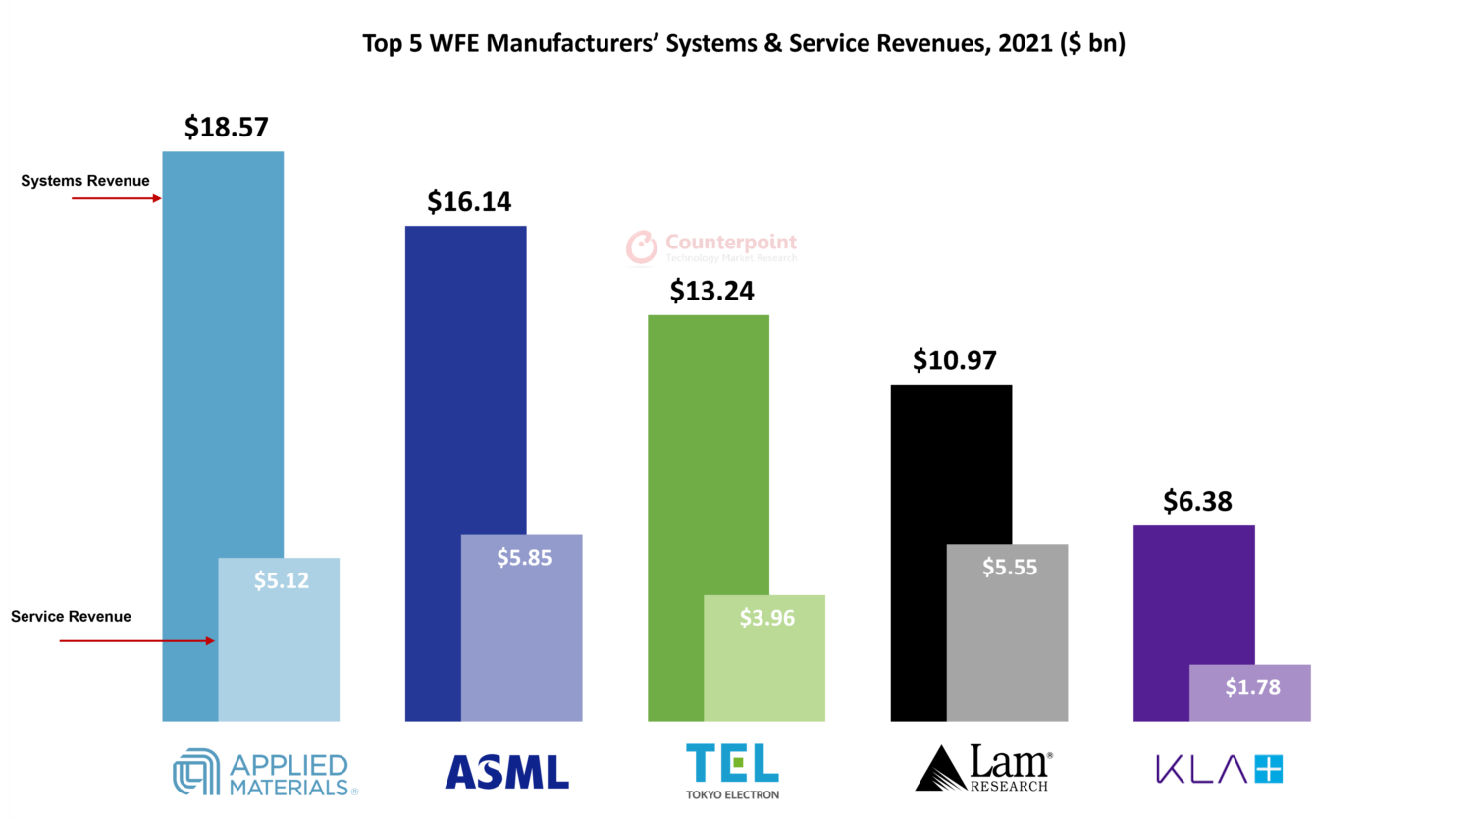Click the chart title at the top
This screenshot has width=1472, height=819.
(744, 43)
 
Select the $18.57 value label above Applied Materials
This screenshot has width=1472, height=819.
(226, 127)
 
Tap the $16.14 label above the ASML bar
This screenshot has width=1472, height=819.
(469, 201)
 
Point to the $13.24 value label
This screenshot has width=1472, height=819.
(711, 291)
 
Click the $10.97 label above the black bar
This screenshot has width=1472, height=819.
(954, 360)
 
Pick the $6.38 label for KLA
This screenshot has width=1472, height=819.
(1197, 501)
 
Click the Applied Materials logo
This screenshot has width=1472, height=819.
(265, 773)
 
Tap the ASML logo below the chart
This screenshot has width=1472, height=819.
(506, 772)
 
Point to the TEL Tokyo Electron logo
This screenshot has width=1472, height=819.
(732, 771)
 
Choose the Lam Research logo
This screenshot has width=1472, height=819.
(983, 769)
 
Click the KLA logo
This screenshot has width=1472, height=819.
(1219, 769)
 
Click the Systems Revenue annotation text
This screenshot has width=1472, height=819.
(85, 181)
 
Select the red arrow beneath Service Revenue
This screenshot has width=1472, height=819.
(136, 641)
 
